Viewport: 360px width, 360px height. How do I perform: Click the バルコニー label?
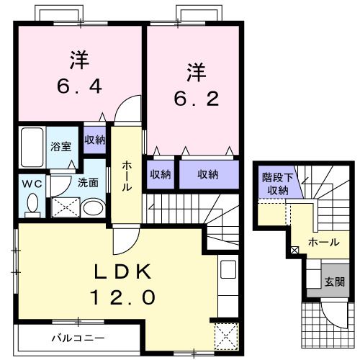(78, 337)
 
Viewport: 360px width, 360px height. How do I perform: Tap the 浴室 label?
(60, 146)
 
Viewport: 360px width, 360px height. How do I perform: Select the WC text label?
(29, 183)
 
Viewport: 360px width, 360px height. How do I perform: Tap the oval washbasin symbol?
(91, 208)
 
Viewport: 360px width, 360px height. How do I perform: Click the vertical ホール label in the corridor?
(127, 176)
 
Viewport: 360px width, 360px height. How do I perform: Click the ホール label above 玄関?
(323, 243)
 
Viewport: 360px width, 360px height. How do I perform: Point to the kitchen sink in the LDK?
(228, 271)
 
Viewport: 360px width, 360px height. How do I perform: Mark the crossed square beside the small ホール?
(294, 251)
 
